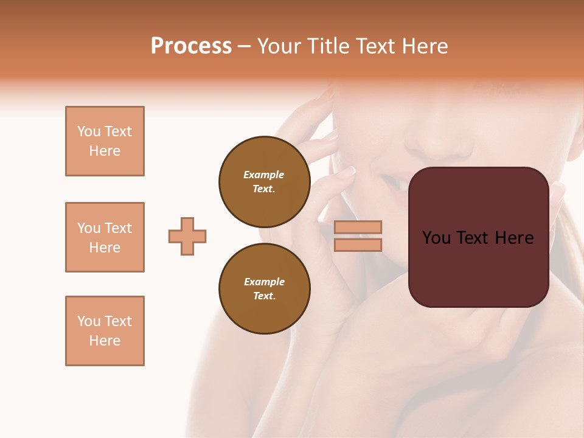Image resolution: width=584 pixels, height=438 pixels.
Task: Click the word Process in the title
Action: pos(191,46)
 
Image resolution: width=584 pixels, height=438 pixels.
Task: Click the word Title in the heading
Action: pos(327,46)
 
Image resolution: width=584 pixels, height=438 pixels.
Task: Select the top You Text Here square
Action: pos(105,141)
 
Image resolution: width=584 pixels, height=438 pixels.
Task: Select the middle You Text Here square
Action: pos(105,237)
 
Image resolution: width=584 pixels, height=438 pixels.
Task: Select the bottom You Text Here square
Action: pos(105,331)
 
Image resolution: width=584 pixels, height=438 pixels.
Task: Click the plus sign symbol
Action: pos(187,236)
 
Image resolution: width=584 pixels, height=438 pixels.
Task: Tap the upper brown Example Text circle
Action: pos(264,181)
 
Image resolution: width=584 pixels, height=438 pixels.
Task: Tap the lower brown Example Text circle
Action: pos(264,288)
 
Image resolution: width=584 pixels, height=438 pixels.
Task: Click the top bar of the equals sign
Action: pos(358,227)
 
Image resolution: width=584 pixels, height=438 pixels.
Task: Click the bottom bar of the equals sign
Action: pos(358,245)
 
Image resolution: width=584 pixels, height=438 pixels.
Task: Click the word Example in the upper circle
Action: pos(264,175)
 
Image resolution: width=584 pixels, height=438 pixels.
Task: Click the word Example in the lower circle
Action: pos(264,282)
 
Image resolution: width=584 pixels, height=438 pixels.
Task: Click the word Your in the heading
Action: pos(279,46)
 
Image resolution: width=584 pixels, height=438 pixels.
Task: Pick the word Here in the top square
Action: pos(105,151)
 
